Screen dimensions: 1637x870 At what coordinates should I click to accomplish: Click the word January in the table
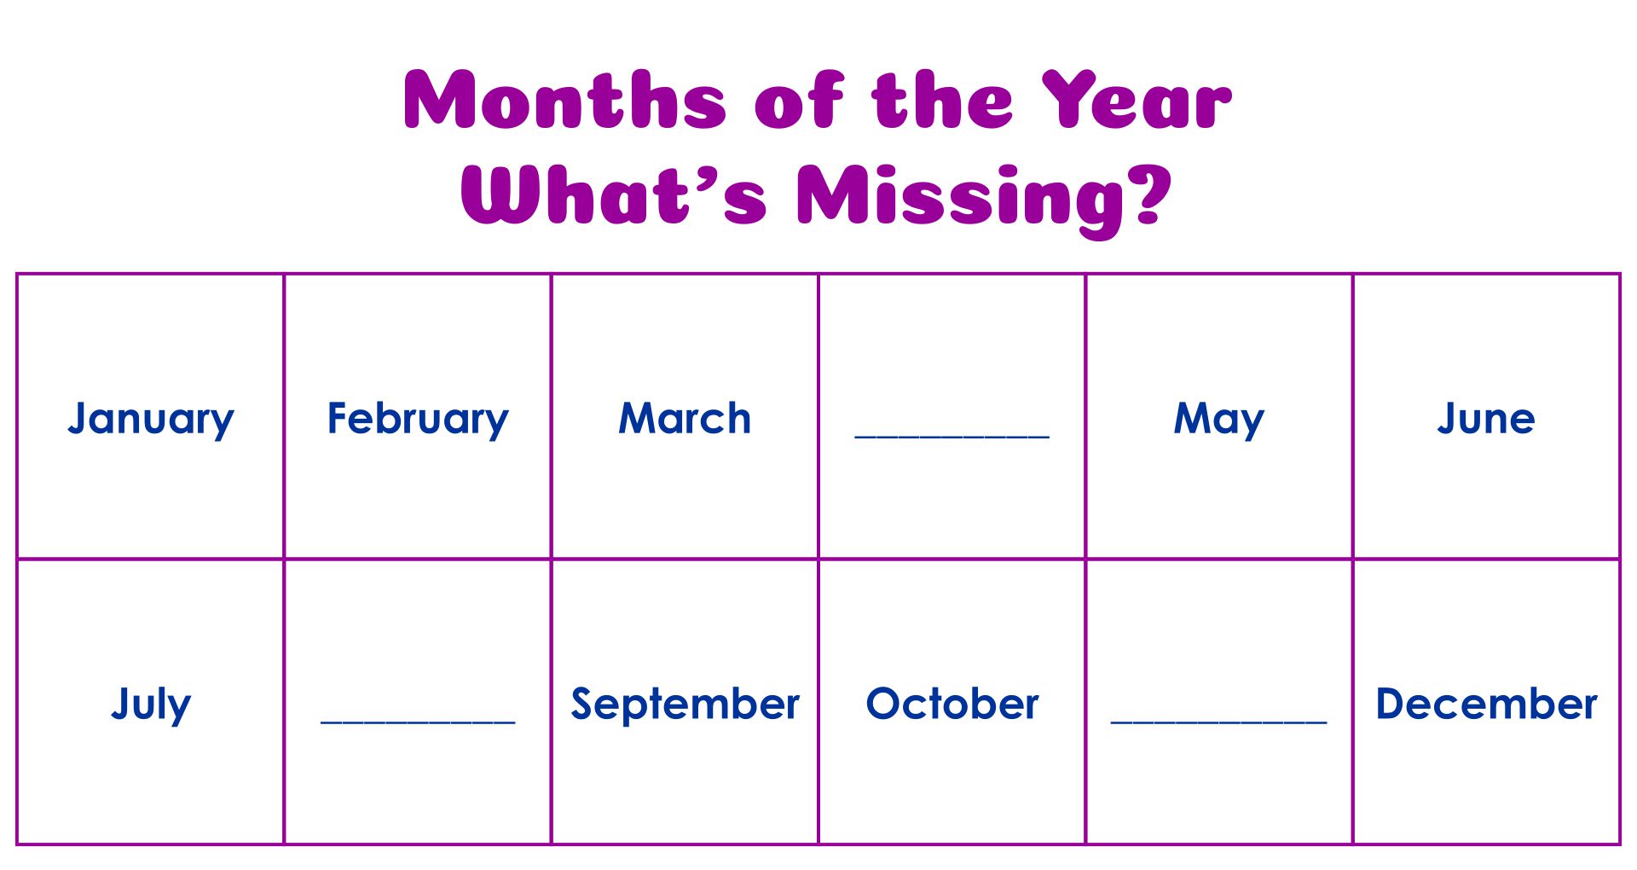[151, 419]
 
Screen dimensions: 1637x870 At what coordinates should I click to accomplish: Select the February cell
[418, 416]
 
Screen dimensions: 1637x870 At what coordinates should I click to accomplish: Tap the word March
[685, 419]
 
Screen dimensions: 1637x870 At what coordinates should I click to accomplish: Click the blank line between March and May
[952, 437]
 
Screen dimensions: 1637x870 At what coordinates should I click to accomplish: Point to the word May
[1219, 420]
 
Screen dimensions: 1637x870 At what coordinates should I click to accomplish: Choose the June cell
[1486, 416]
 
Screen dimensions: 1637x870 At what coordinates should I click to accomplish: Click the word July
[151, 705]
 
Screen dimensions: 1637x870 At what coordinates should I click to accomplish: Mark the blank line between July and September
[418, 722]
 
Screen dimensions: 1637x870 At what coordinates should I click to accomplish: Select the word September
[685, 705]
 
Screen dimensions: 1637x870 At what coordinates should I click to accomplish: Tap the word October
[952, 704]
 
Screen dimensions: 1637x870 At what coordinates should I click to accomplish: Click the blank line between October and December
[1219, 722]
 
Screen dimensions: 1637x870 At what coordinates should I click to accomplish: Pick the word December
[1486, 704]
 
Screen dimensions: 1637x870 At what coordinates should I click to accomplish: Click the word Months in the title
[564, 100]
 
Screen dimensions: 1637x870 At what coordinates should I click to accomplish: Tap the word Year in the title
[1137, 100]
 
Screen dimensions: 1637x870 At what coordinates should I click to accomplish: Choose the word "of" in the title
[799, 100]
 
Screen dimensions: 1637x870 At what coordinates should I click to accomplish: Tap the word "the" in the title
[942, 100]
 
